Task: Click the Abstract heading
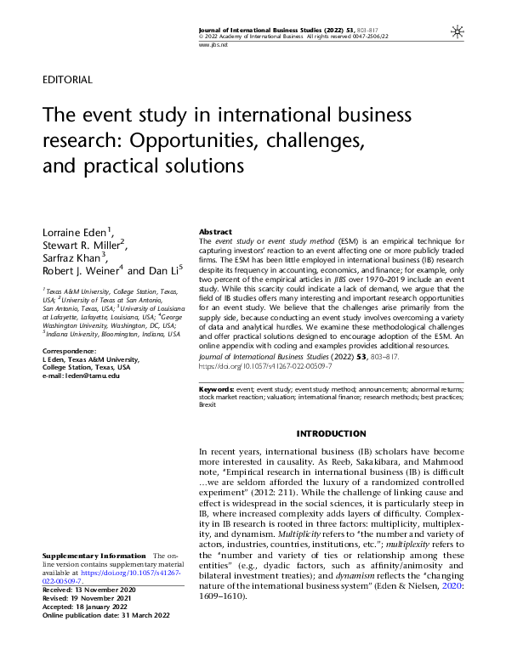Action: (215, 232)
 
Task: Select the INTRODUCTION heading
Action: (331, 434)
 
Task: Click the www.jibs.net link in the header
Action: (209, 43)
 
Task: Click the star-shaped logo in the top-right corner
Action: (458, 31)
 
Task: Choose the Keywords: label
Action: (219, 388)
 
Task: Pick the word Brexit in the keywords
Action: (208, 404)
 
